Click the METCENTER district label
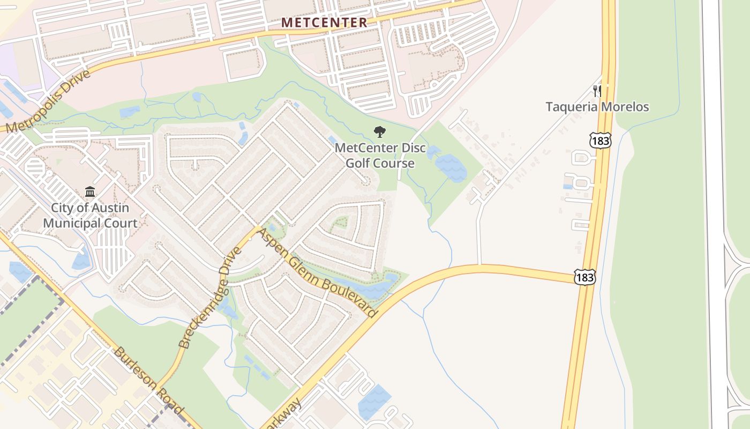click(x=325, y=23)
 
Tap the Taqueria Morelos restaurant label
click(x=597, y=107)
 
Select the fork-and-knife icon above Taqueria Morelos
click(x=597, y=91)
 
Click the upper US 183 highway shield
click(x=599, y=141)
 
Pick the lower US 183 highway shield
click(x=584, y=277)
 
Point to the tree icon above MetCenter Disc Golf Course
click(x=380, y=131)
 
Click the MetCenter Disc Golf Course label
click(x=380, y=155)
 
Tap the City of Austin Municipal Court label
click(x=90, y=216)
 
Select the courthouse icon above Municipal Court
click(x=90, y=192)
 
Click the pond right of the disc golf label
click(x=451, y=167)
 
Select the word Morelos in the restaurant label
click(x=624, y=107)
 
